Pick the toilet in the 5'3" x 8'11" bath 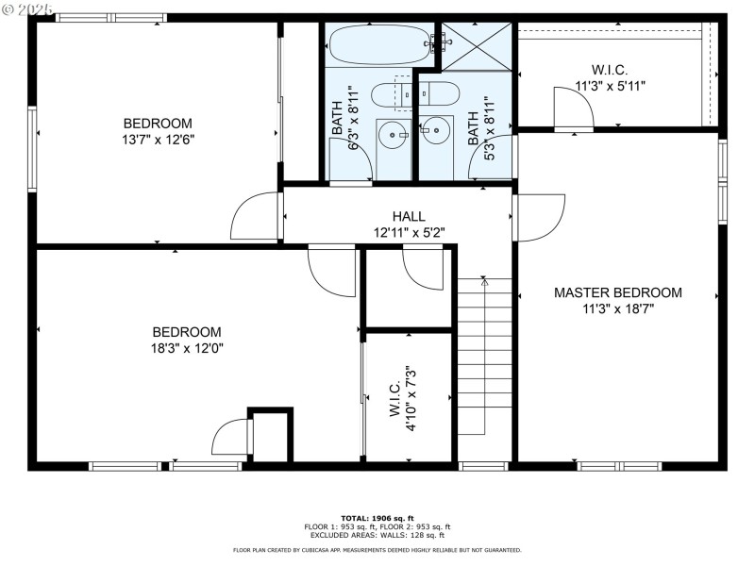coord(439,93)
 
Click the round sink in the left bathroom coord(392,136)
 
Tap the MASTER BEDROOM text coord(617,292)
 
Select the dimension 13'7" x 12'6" coord(159,140)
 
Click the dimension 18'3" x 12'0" coord(187,348)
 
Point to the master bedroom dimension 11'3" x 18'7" coord(617,308)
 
